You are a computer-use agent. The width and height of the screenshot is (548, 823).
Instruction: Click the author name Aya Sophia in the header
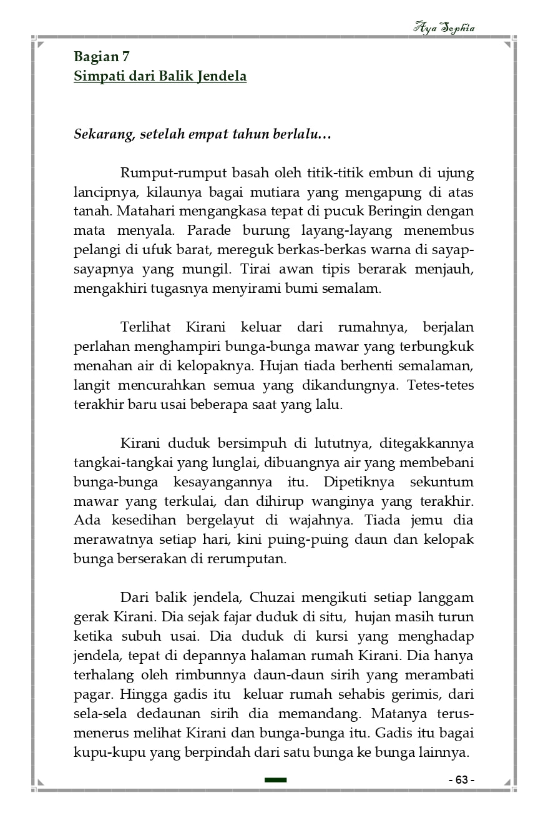tap(444, 28)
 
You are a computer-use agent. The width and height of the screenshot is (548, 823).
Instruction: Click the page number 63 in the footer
tap(462, 780)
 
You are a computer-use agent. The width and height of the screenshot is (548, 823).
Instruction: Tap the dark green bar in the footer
tap(275, 780)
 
